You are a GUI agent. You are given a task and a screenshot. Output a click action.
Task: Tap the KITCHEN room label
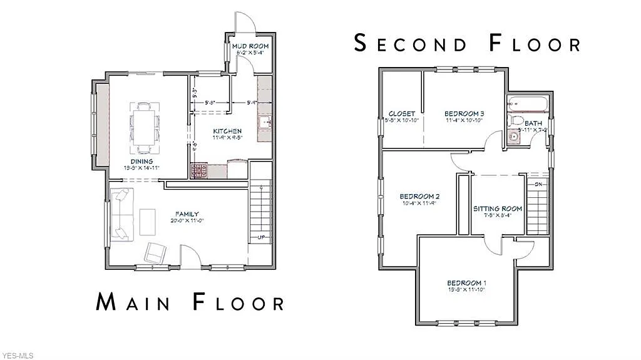[226, 131]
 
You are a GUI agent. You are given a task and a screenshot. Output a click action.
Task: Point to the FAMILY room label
[187, 214]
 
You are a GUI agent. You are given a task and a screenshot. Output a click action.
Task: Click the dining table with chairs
[144, 128]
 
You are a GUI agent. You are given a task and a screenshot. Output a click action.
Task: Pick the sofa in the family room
[122, 215]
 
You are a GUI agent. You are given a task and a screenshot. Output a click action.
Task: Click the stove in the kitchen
[199, 170]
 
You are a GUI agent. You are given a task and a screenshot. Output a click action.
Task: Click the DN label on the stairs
[538, 184]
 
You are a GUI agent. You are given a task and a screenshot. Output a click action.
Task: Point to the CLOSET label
[402, 113]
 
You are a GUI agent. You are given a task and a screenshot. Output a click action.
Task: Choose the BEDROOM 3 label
[464, 113]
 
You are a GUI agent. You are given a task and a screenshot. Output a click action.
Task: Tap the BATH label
[533, 123]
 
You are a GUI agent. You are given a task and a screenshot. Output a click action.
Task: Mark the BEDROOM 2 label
[418, 197]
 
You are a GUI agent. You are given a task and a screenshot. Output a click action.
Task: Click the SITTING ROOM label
[497, 208]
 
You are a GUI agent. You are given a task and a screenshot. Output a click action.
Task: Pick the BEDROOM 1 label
[466, 283]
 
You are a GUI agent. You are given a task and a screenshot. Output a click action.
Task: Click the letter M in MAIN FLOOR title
[108, 302]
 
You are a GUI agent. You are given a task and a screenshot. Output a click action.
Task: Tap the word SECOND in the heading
[410, 43]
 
